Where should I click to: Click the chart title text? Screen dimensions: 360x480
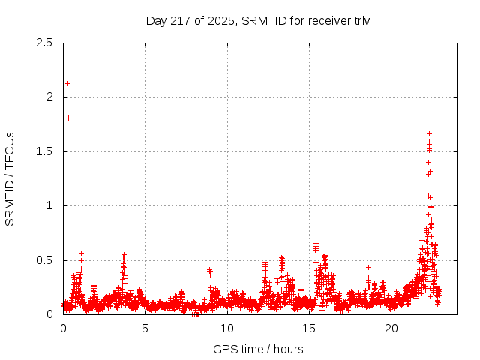click(258, 20)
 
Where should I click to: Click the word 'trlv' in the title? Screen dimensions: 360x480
click(360, 20)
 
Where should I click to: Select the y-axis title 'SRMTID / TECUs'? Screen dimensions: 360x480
click(10, 178)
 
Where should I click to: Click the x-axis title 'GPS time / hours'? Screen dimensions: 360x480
click(258, 349)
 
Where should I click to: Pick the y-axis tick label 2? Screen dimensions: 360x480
click(49, 97)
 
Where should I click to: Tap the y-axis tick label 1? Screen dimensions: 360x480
click(49, 205)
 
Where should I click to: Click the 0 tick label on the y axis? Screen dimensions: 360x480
click(49, 314)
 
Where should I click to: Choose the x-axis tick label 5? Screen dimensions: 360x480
click(145, 328)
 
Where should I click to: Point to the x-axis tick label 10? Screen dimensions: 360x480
click(227, 328)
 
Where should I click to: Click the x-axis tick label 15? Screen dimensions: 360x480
click(309, 328)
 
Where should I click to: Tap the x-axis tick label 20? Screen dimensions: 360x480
click(391, 328)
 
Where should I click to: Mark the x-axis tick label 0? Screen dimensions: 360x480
click(63, 328)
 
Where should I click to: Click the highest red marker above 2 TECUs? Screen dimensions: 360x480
click(68, 83)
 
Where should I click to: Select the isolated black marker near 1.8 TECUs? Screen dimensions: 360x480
click(68, 118)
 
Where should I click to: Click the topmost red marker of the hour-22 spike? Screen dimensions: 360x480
click(429, 133)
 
